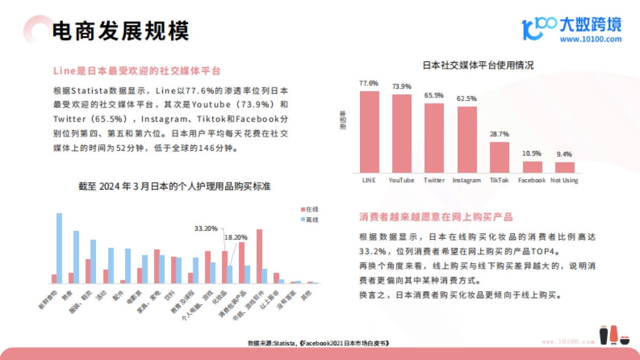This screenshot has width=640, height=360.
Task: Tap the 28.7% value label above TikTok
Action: pos(500,134)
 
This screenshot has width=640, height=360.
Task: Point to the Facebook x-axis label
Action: pos(532,180)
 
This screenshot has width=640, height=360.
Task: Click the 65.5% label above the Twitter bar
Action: pos(434,95)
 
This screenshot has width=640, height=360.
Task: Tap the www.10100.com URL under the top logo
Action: pos(590,39)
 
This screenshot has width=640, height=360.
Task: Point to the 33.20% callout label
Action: pos(205,228)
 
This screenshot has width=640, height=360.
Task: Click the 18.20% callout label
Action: pos(235,237)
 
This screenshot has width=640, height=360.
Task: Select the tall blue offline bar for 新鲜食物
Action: pos(60,248)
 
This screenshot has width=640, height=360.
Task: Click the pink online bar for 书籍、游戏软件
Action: pos(259,256)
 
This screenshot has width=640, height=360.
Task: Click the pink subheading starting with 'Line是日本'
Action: pos(137,71)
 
